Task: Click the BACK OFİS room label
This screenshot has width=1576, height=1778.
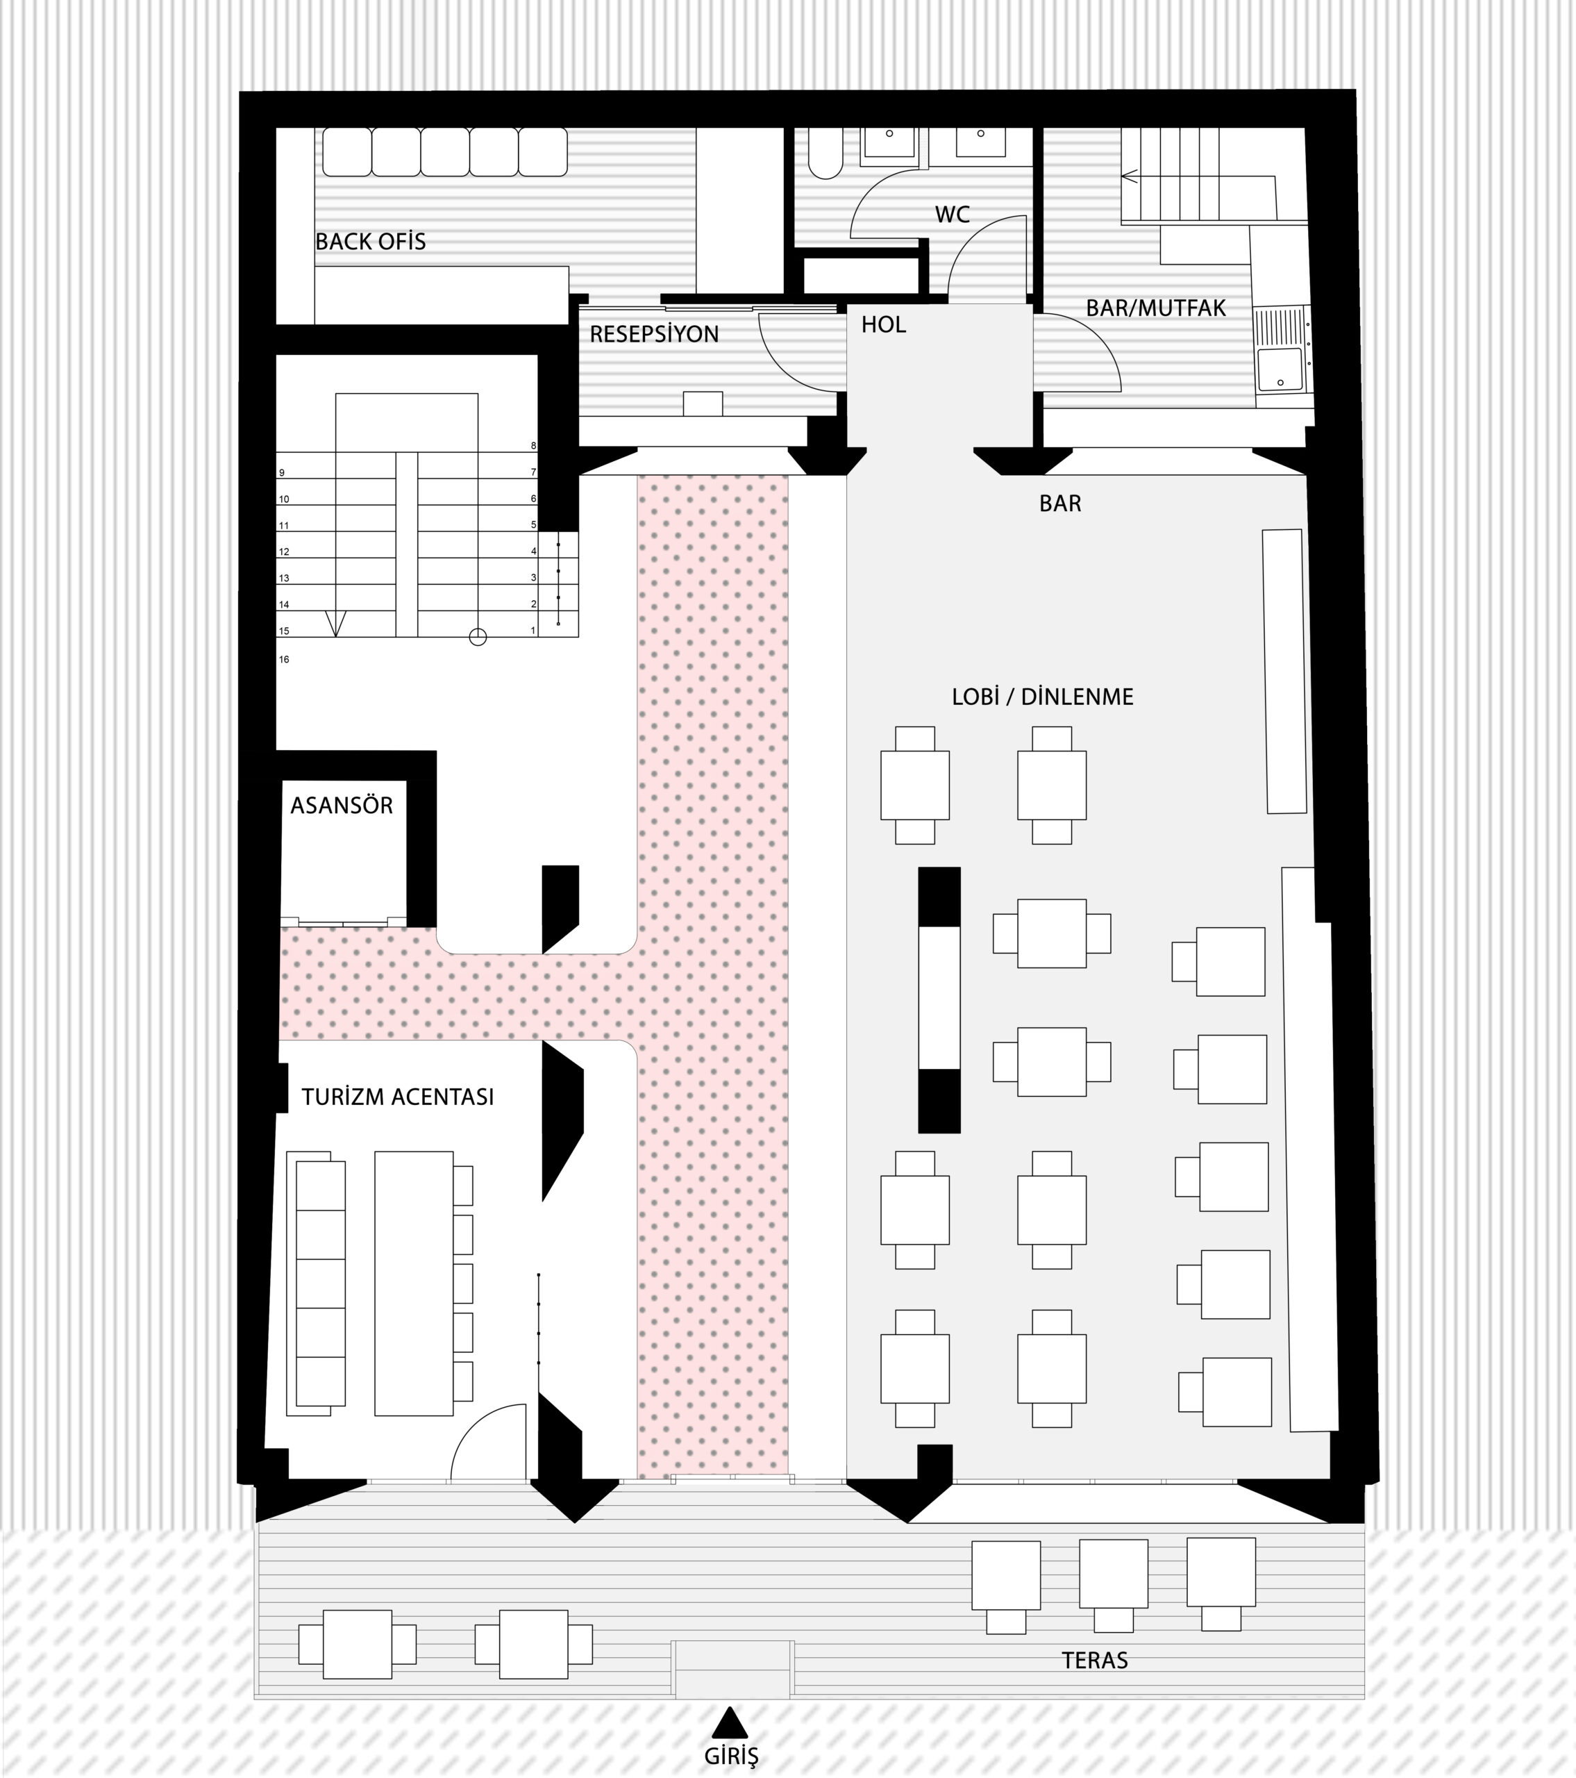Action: point(371,242)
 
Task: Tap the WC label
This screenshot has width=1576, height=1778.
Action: point(953,215)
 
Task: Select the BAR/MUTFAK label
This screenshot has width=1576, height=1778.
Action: point(1156,308)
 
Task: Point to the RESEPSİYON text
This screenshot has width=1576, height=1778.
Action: point(654,334)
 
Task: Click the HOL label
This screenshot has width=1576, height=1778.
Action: point(884,324)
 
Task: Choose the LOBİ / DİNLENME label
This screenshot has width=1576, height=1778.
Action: point(1043,697)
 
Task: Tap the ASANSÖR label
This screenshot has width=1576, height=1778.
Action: point(342,806)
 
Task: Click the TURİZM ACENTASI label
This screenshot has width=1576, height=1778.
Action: point(398,1097)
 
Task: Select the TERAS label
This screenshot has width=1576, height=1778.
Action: point(1095,1661)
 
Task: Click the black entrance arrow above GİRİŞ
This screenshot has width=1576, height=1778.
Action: point(730,1722)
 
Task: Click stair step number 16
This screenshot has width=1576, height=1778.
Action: point(283,659)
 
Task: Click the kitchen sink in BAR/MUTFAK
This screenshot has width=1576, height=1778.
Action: point(1280,369)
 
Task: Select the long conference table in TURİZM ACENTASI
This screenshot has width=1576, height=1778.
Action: point(414,1283)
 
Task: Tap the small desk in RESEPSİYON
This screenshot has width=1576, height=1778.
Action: point(703,404)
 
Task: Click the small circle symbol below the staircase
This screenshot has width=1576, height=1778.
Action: point(478,638)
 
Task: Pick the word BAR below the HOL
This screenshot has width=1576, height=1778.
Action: point(1060,504)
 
